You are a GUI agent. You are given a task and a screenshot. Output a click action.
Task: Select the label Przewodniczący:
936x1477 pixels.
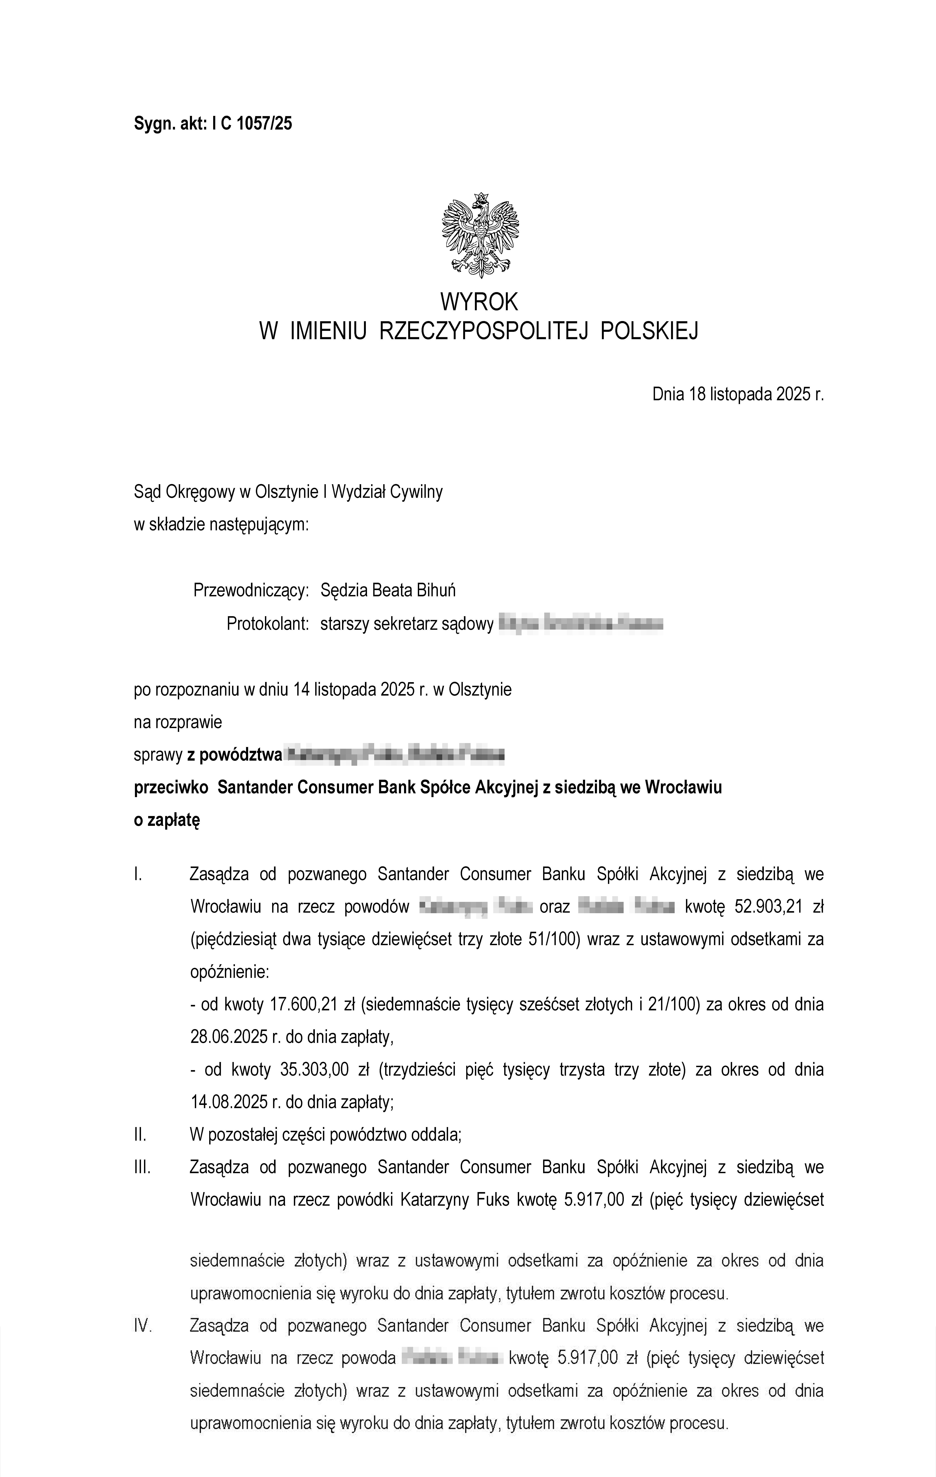(251, 591)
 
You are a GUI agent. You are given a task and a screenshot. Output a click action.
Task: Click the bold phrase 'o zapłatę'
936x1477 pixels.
(167, 820)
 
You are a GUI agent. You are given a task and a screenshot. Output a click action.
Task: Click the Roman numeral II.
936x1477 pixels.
(140, 1135)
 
